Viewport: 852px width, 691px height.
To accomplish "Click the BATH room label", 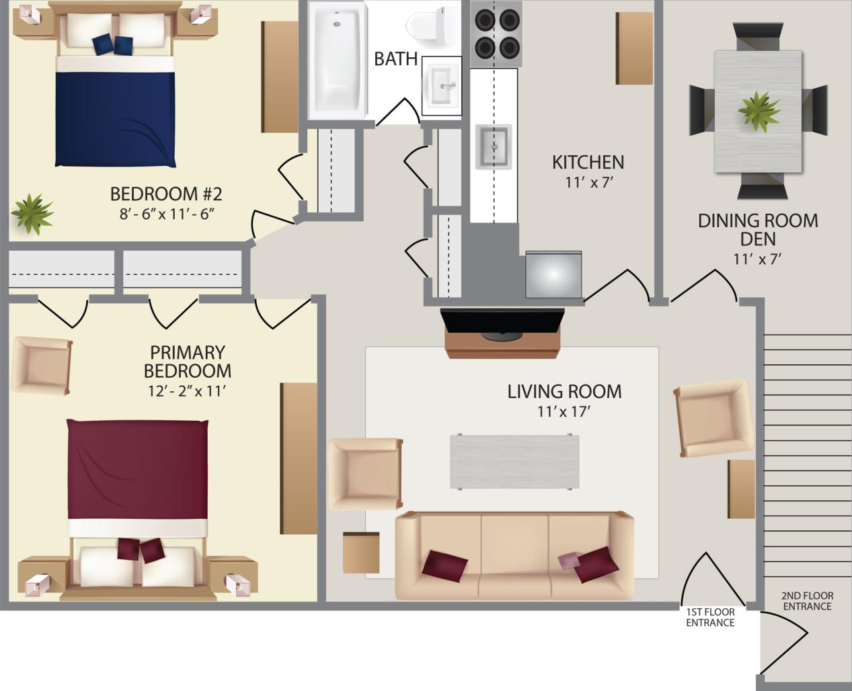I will pos(395,59).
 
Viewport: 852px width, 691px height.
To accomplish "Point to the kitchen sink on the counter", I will pos(494,147).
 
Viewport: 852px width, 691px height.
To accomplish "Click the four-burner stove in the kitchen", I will pos(496,34).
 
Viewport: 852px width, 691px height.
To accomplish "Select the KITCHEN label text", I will pos(588,162).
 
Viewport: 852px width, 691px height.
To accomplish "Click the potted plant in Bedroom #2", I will pos(31,213).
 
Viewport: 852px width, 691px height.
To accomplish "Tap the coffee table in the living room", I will pos(514,461).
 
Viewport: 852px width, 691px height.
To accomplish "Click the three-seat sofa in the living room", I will pos(514,555).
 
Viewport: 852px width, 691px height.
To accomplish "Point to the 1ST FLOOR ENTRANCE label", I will pos(709,617).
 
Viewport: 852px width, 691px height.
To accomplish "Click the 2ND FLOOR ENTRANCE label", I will pos(807,601).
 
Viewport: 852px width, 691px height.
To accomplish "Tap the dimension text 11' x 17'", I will pos(564,411).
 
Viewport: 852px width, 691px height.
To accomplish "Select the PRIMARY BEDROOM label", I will pos(187,362).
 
